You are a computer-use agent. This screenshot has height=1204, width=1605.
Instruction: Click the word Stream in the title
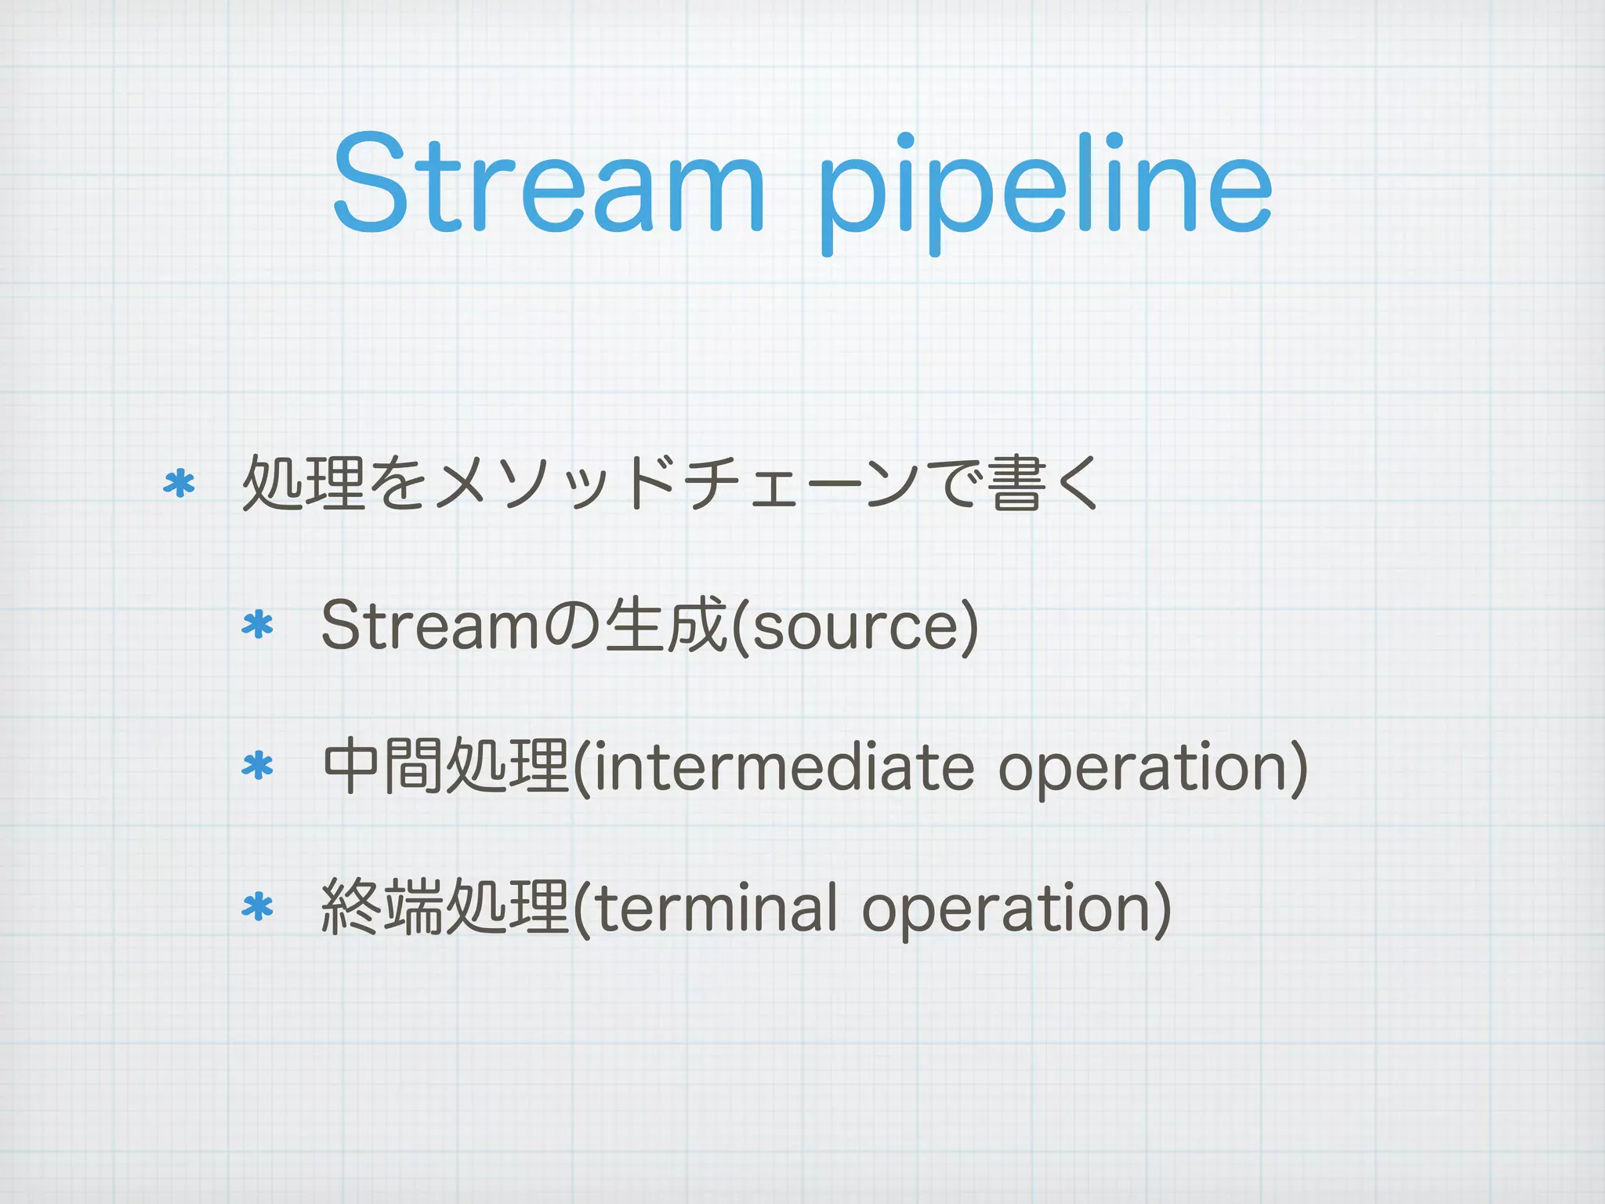pyautogui.click(x=549, y=184)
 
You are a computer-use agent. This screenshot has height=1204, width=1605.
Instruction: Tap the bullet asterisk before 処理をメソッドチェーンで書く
pyautogui.click(x=179, y=484)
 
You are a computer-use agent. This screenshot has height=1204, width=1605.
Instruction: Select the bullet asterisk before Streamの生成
pyautogui.click(x=258, y=626)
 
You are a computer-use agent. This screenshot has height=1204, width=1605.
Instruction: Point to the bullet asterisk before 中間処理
pyautogui.click(x=258, y=766)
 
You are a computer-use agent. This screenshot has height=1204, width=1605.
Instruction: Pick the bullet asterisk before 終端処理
pyautogui.click(x=258, y=907)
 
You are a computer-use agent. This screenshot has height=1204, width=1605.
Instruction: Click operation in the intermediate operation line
pyautogui.click(x=1144, y=768)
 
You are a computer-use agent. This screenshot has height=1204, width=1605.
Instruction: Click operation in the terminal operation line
pyautogui.click(x=1007, y=909)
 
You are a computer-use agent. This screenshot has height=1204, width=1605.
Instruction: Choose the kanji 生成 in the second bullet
pyautogui.click(x=666, y=625)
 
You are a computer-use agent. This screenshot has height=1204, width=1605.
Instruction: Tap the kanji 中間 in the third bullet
pyautogui.click(x=383, y=766)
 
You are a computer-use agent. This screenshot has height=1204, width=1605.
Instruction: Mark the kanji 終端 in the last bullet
pyautogui.click(x=383, y=907)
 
